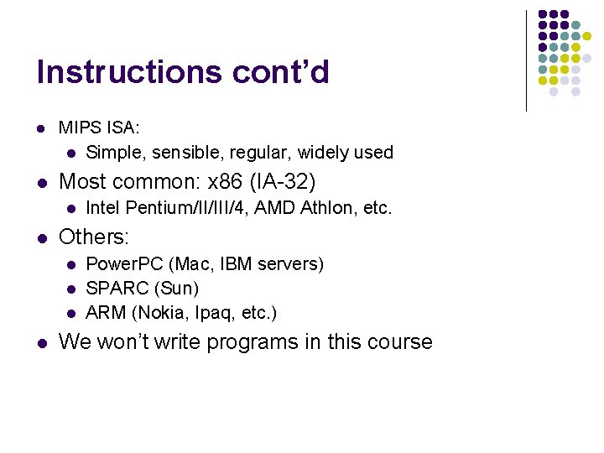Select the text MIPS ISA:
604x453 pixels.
(99, 128)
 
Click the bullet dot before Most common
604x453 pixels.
(40, 181)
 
